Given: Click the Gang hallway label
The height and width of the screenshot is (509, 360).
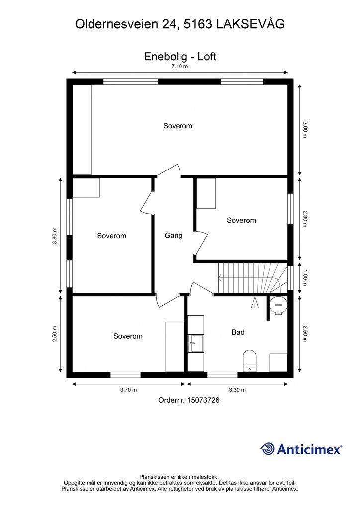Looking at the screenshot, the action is (x=173, y=235).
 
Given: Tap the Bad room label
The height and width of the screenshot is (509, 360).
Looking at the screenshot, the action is (x=238, y=332).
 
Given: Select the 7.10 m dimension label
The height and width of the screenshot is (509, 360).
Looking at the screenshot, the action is (x=180, y=66).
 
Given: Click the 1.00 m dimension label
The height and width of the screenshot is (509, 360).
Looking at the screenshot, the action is (x=305, y=278).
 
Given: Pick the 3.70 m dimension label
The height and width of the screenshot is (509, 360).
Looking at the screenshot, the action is (x=128, y=390).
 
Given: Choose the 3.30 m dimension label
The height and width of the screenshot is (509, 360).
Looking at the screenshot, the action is (x=237, y=390).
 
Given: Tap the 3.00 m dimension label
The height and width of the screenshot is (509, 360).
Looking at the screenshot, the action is (x=305, y=130).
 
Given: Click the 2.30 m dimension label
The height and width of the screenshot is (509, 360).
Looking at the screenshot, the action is (x=305, y=219).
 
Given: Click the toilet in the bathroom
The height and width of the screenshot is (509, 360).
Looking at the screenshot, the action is (x=249, y=361).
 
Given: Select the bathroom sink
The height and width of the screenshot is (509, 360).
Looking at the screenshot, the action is (x=196, y=343).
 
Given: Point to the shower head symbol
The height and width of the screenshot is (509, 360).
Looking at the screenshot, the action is (x=255, y=302).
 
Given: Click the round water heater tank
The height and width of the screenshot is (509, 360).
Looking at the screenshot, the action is (x=278, y=305).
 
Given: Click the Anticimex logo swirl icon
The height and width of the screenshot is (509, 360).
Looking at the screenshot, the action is (x=267, y=449).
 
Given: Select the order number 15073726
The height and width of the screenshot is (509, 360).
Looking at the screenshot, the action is (x=203, y=400).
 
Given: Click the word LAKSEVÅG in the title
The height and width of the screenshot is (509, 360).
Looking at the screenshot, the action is (x=251, y=24).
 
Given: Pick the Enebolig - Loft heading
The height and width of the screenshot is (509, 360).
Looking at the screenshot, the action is (x=180, y=56).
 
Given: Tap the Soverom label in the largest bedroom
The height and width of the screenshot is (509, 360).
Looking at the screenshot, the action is (x=178, y=126).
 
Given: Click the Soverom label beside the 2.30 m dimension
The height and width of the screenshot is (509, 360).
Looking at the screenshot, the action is (x=241, y=220).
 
